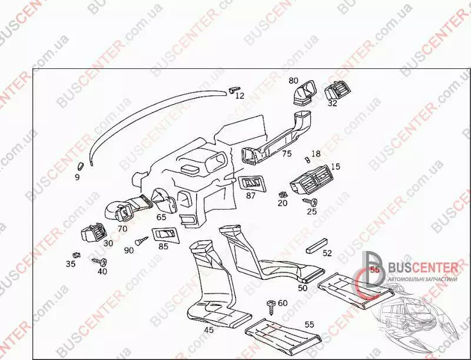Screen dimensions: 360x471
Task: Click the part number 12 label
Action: click(x=240, y=95)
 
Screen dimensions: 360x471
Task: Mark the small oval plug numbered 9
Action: click(x=81, y=165)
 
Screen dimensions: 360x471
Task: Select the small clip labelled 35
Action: click(x=75, y=255)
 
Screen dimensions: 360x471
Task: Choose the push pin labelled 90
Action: click(x=140, y=241)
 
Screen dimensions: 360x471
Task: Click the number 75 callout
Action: click(x=287, y=154)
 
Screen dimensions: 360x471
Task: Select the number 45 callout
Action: click(x=208, y=330)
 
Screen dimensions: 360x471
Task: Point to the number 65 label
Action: click(x=161, y=217)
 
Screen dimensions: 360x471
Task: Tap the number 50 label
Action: click(x=303, y=288)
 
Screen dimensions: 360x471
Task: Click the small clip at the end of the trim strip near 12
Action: click(x=234, y=89)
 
